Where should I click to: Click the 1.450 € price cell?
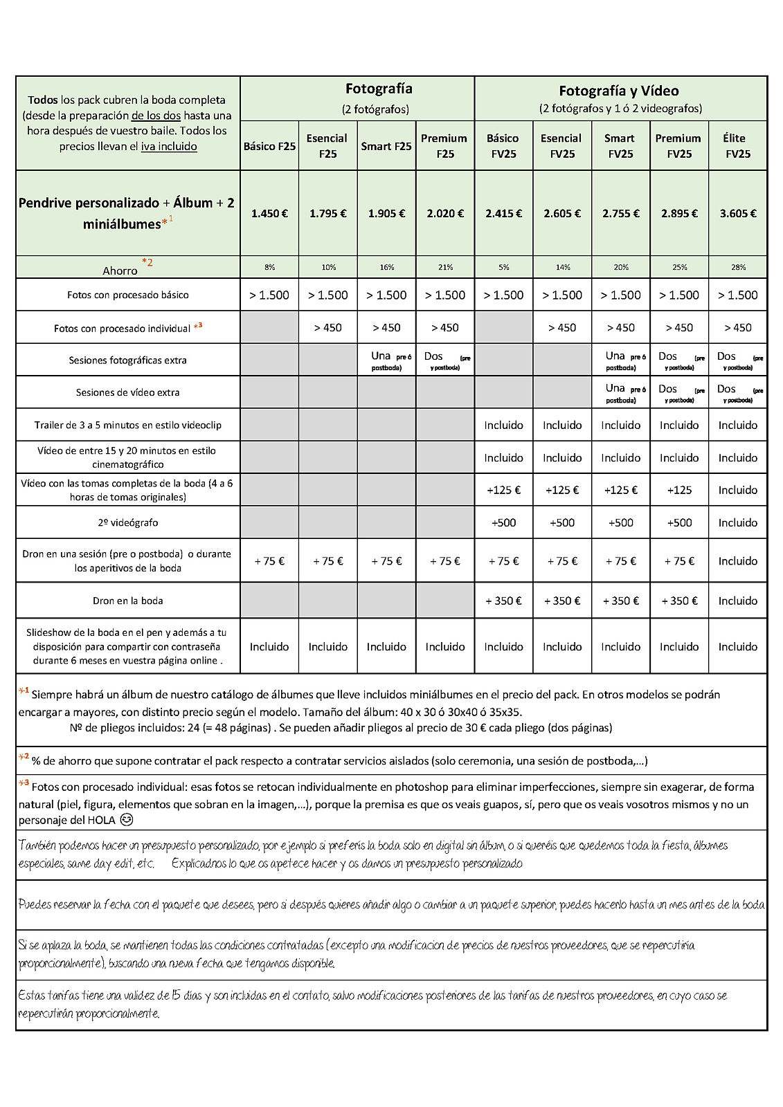click(x=269, y=214)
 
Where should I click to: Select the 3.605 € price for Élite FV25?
click(x=737, y=214)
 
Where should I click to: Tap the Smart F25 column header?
click(x=386, y=146)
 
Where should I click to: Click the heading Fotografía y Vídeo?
click(x=619, y=91)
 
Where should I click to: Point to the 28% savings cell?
click(x=738, y=267)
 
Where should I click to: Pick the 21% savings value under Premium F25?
click(x=445, y=267)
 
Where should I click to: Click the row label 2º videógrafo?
click(x=128, y=522)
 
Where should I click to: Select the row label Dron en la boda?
click(x=128, y=601)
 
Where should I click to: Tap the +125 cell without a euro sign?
click(x=679, y=490)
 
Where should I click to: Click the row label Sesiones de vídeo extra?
click(x=128, y=392)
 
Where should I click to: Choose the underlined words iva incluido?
click(x=169, y=147)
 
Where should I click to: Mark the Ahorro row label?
click(x=120, y=271)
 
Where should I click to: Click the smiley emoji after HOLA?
click(x=126, y=820)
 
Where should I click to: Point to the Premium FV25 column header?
click(x=678, y=146)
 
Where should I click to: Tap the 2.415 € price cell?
click(x=503, y=214)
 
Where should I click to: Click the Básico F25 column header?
click(x=269, y=146)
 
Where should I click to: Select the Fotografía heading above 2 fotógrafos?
click(x=379, y=89)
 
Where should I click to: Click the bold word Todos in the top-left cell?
click(x=43, y=100)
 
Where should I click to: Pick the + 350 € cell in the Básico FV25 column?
click(x=503, y=601)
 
